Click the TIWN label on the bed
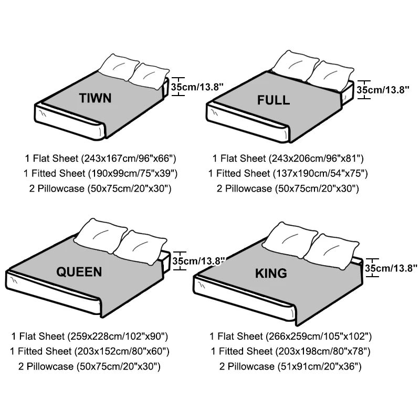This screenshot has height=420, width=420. point(95,98)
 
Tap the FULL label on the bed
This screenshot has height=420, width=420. point(273,100)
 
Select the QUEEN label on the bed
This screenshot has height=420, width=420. point(79,271)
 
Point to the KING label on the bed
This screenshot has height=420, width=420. point(271,273)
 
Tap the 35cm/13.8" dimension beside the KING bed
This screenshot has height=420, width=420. point(391,268)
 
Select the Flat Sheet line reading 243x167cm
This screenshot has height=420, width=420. point(100,158)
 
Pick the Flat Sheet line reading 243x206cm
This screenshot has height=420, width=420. point(288,158)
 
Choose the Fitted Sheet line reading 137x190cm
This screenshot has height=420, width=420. point(288,173)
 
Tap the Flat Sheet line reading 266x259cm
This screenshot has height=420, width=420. point(290,336)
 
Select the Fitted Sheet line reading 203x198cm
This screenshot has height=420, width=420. point(290,351)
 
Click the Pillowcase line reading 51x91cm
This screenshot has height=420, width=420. point(290,366)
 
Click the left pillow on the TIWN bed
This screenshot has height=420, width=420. point(119,66)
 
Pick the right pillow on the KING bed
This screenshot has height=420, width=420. point(332,251)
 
